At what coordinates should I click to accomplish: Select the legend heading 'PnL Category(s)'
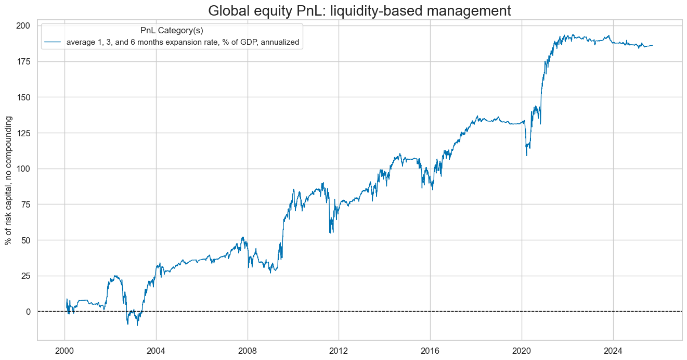coord(172,31)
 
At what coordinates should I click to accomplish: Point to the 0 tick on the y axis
coord(29,312)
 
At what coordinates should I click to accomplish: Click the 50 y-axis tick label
coord(26,240)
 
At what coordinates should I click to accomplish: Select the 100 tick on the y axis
coord(24,169)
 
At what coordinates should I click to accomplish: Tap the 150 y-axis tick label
coord(24,97)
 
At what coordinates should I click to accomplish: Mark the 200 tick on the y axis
coord(24,25)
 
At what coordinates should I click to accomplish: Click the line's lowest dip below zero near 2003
coord(137,325)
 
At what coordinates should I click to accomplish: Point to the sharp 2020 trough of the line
coord(526,155)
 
